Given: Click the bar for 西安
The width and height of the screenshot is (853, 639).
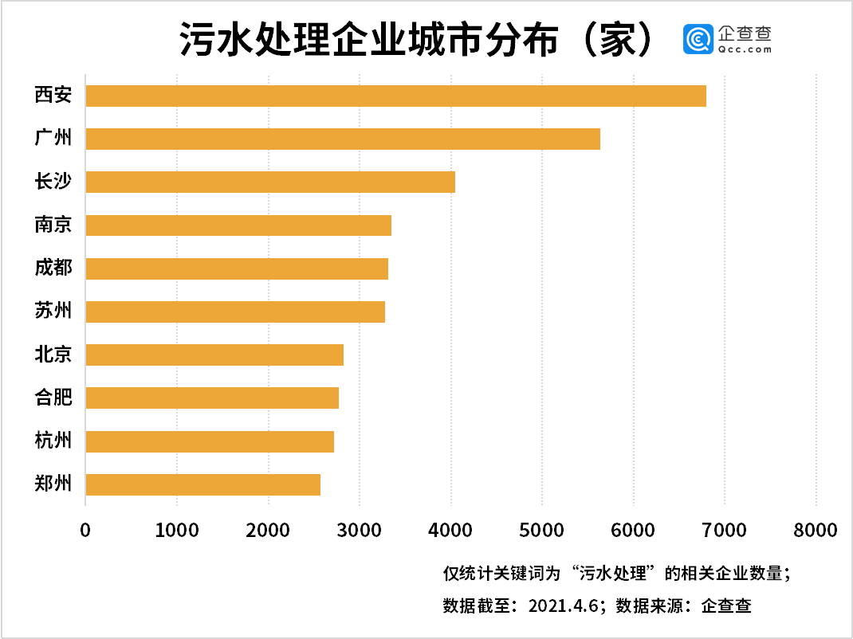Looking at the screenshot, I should click(395, 96).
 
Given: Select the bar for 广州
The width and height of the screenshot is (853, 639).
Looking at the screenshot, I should click(343, 139).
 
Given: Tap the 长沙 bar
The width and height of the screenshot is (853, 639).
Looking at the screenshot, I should click(270, 182).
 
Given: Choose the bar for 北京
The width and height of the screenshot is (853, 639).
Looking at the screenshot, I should click(214, 355).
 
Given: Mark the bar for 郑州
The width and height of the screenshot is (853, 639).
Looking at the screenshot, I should click(202, 484).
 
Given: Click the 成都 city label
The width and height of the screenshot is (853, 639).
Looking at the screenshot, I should click(53, 268).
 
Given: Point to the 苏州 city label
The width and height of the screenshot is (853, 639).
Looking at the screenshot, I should click(53, 311).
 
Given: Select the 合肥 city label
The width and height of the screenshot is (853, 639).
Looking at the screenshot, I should click(53, 397).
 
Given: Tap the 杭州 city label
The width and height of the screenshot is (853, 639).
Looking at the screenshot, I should click(53, 441).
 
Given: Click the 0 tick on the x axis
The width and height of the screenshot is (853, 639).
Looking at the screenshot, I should click(85, 530).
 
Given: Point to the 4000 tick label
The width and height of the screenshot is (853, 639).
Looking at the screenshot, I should click(450, 530).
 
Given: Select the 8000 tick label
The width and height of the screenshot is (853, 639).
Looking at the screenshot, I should click(816, 530).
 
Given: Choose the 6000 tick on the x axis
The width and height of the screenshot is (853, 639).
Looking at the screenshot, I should click(633, 530).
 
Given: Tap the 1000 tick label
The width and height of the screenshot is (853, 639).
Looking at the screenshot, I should click(176, 530).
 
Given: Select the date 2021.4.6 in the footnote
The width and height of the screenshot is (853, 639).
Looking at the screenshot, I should click(563, 606).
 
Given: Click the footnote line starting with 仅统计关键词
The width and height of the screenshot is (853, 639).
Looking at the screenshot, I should click(616, 573).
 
